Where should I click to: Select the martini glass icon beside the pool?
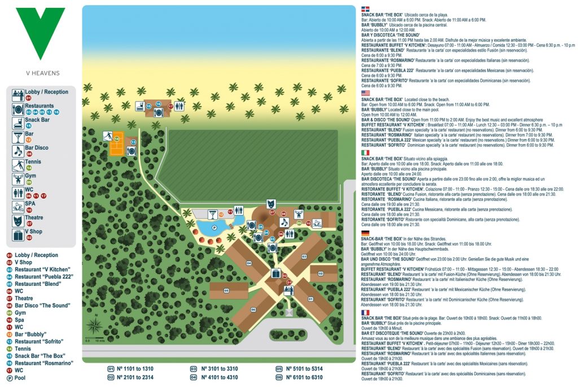212,214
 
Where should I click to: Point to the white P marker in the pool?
214,229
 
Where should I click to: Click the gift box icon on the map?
275,273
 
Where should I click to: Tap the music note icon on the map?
284,222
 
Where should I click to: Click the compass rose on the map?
94,327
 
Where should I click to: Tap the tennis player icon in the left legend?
17,165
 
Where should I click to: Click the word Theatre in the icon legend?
34,218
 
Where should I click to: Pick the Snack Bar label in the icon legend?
37,120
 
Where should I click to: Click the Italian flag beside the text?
365,153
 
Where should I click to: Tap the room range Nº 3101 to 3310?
217,368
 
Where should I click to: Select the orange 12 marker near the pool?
221,214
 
